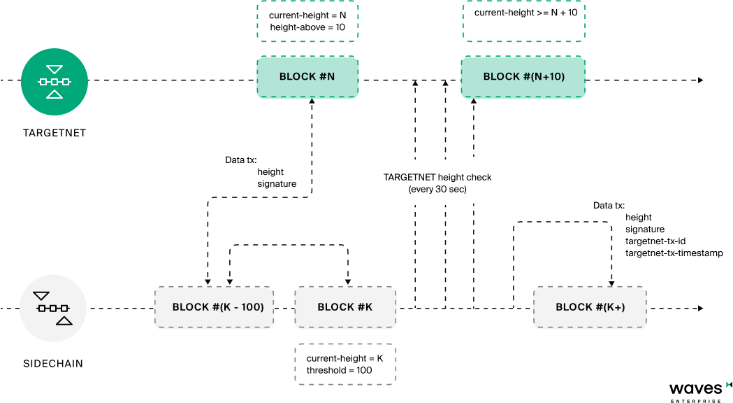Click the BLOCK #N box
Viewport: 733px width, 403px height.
tap(307, 77)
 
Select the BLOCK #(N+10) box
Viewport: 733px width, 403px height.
tap(523, 77)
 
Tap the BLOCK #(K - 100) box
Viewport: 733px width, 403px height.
tap(214, 307)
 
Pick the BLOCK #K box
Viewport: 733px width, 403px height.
tap(345, 307)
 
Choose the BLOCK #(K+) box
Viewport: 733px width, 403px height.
tap(590, 307)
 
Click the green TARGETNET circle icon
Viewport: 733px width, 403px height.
tap(55, 82)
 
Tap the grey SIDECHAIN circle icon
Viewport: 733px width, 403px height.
tap(53, 309)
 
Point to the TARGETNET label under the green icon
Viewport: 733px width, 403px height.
tap(55, 133)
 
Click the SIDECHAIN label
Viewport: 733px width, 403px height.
tap(53, 364)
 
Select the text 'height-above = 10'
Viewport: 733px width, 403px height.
tap(307, 27)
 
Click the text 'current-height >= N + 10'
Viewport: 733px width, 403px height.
tap(526, 13)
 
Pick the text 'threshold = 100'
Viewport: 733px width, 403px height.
tap(340, 370)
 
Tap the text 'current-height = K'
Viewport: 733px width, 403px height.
tap(345, 358)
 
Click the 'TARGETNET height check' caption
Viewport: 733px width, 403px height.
tap(437, 178)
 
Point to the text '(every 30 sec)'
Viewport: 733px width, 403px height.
tap(437, 190)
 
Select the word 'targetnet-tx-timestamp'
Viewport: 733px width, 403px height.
tap(674, 253)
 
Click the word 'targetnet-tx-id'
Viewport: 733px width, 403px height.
tap(655, 241)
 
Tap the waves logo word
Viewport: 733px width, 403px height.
tap(695, 389)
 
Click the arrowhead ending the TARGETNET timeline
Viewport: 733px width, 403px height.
tap(701, 80)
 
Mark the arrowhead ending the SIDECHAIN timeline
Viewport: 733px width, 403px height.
tap(701, 309)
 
